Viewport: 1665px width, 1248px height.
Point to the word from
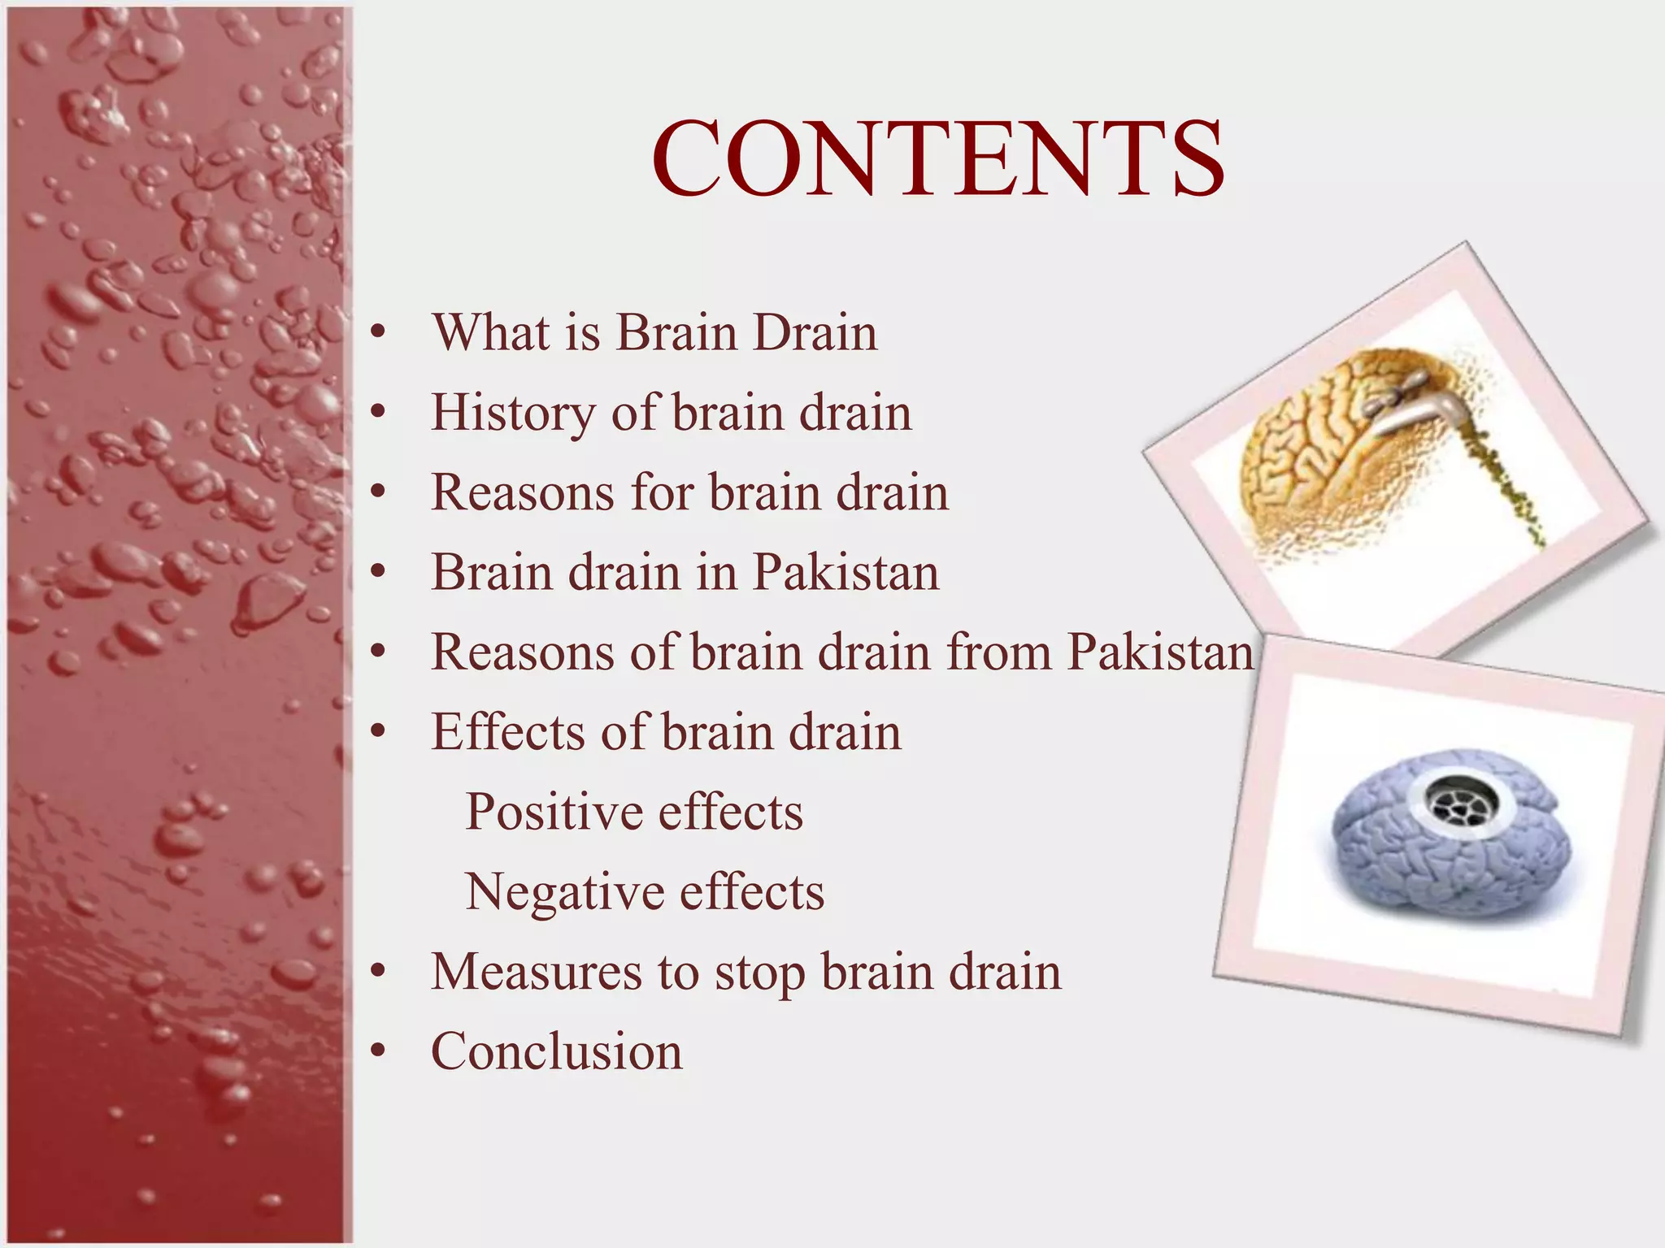pyautogui.click(x=999, y=652)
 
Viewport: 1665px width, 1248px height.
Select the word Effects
pyautogui.click(x=507, y=731)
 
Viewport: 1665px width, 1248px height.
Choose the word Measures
pyautogui.click(x=537, y=972)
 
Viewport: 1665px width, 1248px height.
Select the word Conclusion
pyautogui.click(x=557, y=1051)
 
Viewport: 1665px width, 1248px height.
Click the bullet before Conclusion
pyautogui.click(x=376, y=1051)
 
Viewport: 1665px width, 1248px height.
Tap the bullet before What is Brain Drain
pyautogui.click(x=376, y=332)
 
